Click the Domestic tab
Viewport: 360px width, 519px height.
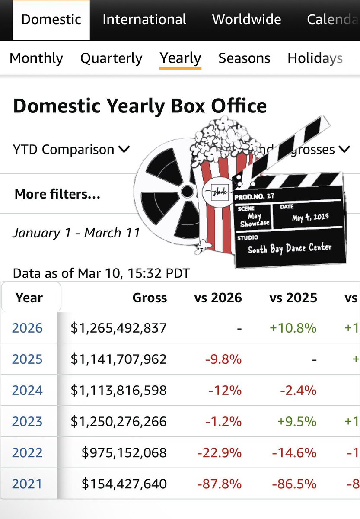click(51, 19)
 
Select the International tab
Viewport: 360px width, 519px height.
click(144, 19)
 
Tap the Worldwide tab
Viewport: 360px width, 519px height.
click(246, 19)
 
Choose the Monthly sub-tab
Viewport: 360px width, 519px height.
click(36, 58)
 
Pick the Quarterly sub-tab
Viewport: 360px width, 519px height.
click(111, 58)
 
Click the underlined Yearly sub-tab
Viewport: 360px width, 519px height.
click(180, 58)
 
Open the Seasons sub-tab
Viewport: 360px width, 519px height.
click(244, 58)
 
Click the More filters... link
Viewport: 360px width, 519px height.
click(57, 194)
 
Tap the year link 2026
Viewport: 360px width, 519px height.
click(27, 328)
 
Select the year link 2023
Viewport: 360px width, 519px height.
click(27, 421)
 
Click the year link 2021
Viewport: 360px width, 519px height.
click(27, 484)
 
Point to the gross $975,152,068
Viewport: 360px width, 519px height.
click(124, 452)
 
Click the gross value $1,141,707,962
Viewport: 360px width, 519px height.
click(118, 359)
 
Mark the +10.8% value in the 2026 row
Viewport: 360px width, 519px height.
click(293, 328)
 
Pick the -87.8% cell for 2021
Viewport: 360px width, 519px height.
click(219, 484)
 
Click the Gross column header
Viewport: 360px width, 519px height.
click(150, 298)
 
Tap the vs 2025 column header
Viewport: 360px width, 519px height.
click(293, 298)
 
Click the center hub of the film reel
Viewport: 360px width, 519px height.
click(187, 191)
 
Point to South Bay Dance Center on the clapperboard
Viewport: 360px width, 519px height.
click(290, 248)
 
